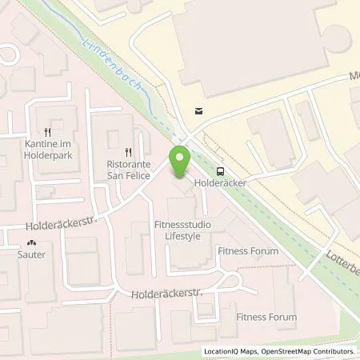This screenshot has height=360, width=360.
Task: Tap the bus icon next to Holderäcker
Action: click(220, 170)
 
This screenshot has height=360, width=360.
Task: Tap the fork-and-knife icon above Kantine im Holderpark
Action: click(48, 131)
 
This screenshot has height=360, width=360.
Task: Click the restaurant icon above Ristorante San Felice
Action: click(126, 150)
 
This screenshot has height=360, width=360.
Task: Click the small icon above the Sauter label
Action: click(32, 243)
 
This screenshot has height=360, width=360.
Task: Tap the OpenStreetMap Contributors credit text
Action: click(310, 352)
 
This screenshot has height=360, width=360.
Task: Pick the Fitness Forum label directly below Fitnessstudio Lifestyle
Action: click(248, 251)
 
